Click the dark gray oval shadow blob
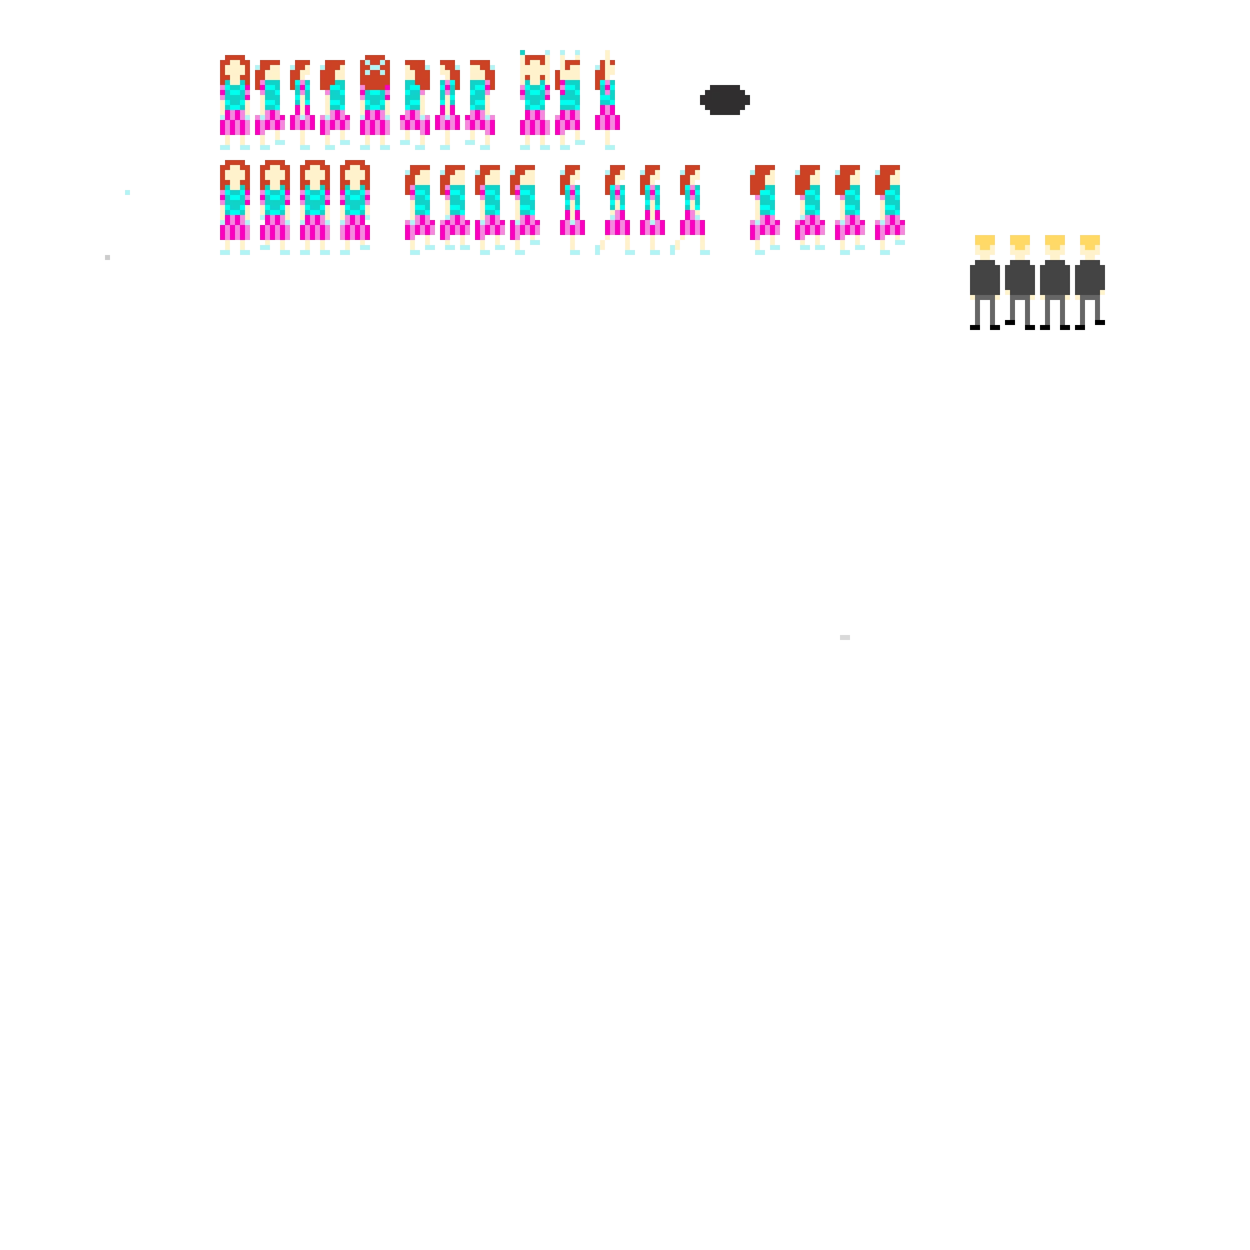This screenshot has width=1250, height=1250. pos(724,100)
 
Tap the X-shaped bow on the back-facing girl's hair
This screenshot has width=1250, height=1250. pos(374,67)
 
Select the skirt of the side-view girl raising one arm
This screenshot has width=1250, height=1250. pos(607,122)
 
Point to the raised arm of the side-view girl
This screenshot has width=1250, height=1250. pos(607,57)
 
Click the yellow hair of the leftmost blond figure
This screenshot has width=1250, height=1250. pos(985,240)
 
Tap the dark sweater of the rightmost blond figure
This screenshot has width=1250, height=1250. pos(1089,278)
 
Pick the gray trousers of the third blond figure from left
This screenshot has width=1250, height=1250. pos(1054,309)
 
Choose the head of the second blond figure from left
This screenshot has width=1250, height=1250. pos(1019,246)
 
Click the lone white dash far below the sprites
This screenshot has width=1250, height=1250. pos(845,637)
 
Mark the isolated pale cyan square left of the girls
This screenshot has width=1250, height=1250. pos(127,192)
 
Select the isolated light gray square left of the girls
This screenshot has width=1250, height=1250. pos(107,257)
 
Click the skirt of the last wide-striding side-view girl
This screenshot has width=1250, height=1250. pos(692,226)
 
